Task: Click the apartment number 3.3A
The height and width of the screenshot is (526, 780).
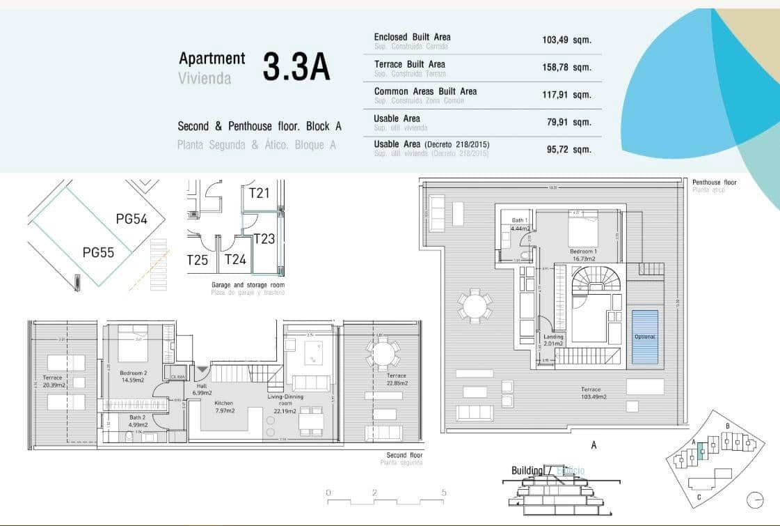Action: [296, 67]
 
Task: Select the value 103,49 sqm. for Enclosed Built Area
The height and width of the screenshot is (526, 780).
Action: [566, 40]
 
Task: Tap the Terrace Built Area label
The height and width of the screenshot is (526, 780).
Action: [409, 64]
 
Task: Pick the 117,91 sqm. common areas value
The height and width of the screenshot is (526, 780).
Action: [566, 95]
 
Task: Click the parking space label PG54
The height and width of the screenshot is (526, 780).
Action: [132, 219]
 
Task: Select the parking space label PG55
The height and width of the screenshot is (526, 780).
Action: [98, 252]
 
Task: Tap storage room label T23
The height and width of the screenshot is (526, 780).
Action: [264, 239]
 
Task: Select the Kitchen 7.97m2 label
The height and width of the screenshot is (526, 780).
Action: [224, 407]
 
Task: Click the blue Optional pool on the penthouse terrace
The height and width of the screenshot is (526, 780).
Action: [644, 337]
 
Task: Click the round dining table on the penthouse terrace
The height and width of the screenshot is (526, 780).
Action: [475, 307]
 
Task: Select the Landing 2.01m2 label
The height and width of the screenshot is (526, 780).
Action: [554, 340]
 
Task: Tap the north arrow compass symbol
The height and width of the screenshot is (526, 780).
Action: [754, 500]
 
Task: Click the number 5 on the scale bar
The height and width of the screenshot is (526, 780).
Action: [443, 493]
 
